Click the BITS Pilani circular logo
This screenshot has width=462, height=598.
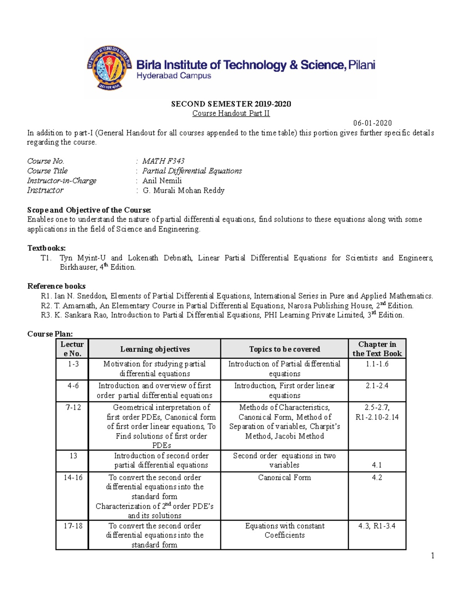coord(109,68)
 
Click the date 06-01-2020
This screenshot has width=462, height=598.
coord(372,123)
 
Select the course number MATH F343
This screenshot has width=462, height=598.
coord(163,161)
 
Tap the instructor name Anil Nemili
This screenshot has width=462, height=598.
coord(162,181)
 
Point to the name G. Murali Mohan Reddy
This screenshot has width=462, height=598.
coord(183,190)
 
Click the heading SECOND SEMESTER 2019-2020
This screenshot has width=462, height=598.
coord(231,104)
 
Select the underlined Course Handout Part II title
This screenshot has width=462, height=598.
coord(231,114)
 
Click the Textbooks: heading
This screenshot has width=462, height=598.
coord(46,248)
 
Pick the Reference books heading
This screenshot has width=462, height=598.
coord(56,286)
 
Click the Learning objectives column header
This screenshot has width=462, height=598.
coord(155,349)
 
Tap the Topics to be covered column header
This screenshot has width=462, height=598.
coord(285,349)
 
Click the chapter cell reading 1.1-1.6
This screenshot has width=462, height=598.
coord(377,364)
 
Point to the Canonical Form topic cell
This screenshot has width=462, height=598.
coord(285,477)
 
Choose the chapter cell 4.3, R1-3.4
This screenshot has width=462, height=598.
coord(377,526)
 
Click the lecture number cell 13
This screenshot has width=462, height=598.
coord(73,456)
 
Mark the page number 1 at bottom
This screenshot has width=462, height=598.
coord(432,556)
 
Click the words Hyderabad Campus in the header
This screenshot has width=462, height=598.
coord(174,76)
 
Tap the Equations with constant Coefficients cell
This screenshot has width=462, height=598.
coord(285,531)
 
